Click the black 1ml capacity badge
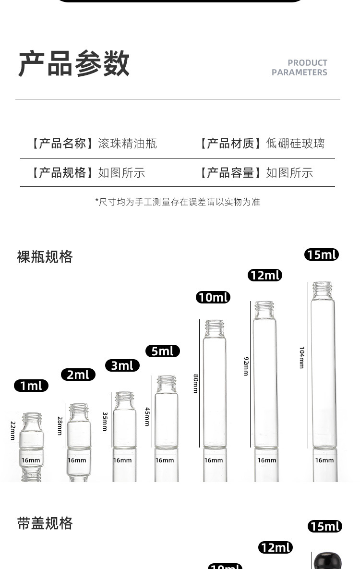click(x=31, y=386)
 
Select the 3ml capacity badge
click(x=122, y=365)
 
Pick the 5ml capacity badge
click(x=162, y=351)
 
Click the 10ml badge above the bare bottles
click(x=213, y=297)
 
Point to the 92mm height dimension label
click(x=245, y=366)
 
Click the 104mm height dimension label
click(x=301, y=357)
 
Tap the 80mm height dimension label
click(x=195, y=383)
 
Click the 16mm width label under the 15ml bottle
click(x=324, y=460)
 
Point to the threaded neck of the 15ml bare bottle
click(x=322, y=290)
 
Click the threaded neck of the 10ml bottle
click(x=215, y=328)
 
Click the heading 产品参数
click(x=74, y=64)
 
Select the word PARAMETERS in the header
click(x=299, y=73)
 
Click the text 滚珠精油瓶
click(x=127, y=143)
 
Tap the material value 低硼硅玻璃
click(x=295, y=143)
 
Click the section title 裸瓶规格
click(x=45, y=257)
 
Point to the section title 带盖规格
click(x=45, y=523)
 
